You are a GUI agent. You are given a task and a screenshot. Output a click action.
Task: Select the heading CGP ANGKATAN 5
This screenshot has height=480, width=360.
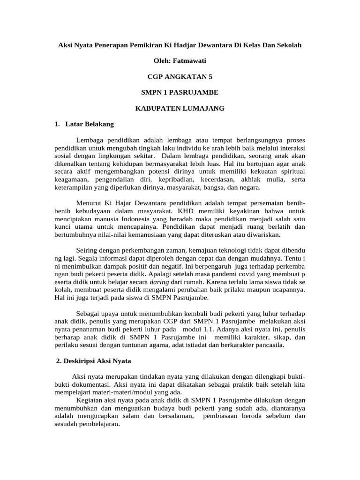coord(180,76)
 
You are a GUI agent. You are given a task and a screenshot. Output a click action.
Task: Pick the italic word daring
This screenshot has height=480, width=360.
coord(159,282)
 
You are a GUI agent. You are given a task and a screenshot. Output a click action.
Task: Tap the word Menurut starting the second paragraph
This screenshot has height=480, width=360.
coord(88,203)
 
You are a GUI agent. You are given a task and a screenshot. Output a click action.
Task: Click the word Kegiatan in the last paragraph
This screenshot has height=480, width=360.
coord(89,400)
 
